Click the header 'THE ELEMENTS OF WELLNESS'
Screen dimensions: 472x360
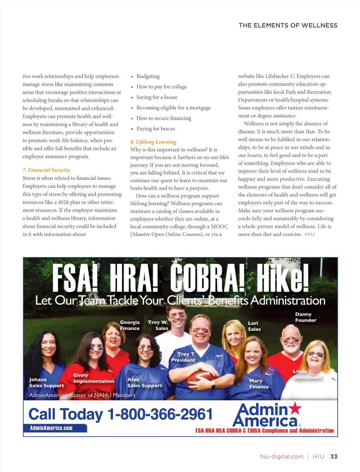288,25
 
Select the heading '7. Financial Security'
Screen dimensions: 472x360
46,170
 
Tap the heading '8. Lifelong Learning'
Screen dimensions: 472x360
153,142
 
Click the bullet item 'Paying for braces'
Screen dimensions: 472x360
156,129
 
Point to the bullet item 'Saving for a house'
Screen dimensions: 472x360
157,97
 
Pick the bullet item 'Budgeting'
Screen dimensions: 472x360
148,76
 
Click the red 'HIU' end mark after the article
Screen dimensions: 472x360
310,234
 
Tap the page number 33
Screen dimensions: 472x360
334,457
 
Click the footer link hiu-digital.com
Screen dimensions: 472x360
282,457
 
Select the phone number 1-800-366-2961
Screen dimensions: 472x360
160,414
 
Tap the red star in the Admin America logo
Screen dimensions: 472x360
295,408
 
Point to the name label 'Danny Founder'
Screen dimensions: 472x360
305,317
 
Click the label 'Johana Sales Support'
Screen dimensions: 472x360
46,382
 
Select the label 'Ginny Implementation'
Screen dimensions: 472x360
94,378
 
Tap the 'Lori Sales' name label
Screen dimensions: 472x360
254,326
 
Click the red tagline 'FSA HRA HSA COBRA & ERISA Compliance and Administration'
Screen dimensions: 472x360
264,431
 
